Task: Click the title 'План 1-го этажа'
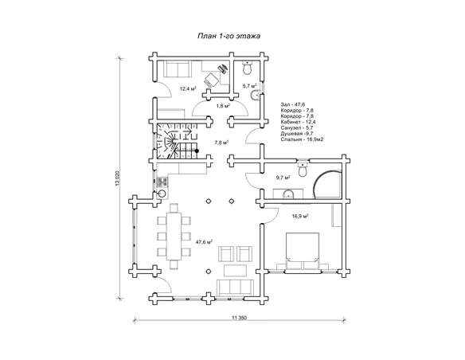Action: [229, 36]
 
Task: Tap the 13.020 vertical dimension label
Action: [117, 178]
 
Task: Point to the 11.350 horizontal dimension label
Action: [240, 318]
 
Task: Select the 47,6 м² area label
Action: [204, 242]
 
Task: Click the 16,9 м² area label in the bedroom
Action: [300, 216]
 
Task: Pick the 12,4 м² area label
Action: [188, 88]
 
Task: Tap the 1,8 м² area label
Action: [223, 106]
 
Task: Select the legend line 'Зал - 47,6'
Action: [293, 104]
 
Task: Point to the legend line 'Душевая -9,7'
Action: [297, 134]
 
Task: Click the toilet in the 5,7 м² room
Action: [248, 68]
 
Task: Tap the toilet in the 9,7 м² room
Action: [303, 169]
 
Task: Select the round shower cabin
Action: [327, 184]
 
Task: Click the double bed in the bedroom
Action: [303, 251]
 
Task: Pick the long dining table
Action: [174, 237]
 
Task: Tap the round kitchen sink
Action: [162, 194]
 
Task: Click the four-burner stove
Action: [162, 182]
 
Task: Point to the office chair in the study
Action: [212, 80]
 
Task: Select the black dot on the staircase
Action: [197, 151]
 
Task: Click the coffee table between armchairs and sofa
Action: [235, 271]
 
